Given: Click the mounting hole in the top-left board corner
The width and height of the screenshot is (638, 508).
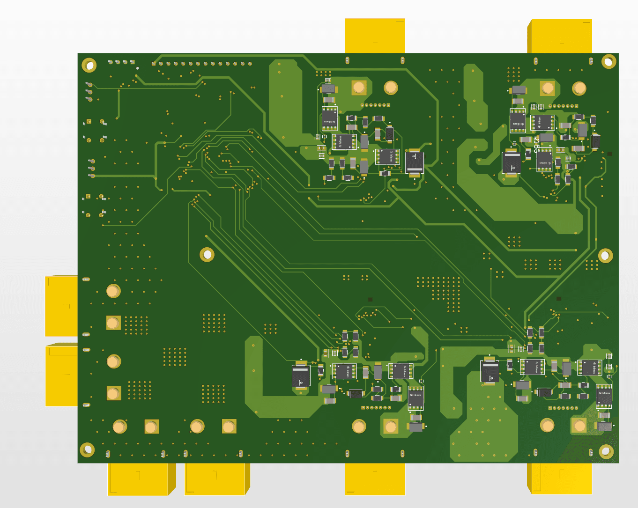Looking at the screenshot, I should (x=89, y=65).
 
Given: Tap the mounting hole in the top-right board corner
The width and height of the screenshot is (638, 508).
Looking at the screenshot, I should (x=608, y=61).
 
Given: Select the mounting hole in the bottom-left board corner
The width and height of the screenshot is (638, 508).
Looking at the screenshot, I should (x=87, y=450).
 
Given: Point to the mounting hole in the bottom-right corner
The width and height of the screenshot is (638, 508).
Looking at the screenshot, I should (x=606, y=451).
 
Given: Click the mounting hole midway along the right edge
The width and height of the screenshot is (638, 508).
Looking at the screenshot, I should (x=605, y=256).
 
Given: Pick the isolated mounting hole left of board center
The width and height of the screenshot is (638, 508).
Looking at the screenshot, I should (x=207, y=255).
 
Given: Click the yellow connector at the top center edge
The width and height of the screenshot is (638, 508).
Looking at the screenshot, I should (x=375, y=36).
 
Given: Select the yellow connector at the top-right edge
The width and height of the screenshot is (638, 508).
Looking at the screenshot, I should (x=561, y=37).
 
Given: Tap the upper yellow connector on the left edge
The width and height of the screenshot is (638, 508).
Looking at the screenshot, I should (x=61, y=306).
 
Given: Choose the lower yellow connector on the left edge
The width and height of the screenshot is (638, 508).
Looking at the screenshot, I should (x=61, y=375).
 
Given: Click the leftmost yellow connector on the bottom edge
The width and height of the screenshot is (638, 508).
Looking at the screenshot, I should (x=139, y=479).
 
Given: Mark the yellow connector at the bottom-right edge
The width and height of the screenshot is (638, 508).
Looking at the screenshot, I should (x=561, y=479).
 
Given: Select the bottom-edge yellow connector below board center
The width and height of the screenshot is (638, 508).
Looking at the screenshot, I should (x=375, y=479).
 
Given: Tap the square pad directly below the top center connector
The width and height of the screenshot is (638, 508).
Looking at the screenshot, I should (x=359, y=87).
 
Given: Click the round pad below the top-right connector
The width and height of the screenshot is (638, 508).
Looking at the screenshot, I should (x=579, y=88).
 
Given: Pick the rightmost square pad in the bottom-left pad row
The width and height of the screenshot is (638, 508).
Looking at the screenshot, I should (x=229, y=427).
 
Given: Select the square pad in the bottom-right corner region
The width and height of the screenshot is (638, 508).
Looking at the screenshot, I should (x=579, y=425).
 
